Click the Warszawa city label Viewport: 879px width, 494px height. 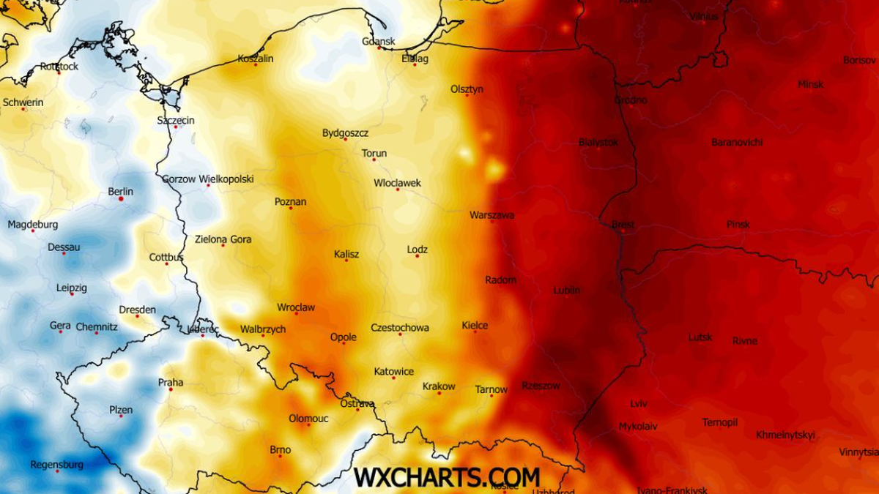tap(492, 215)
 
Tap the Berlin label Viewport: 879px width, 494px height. tap(121, 192)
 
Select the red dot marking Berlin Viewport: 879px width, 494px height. tap(121, 199)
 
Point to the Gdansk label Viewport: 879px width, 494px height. tap(379, 41)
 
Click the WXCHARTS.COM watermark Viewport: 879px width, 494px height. tap(447, 477)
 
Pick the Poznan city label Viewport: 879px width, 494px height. tap(290, 201)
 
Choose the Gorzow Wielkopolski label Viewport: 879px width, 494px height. tap(208, 179)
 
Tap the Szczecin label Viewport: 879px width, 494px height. tap(176, 120)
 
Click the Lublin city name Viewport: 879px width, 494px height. tap(567, 290)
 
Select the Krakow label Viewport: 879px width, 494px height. tap(439, 386)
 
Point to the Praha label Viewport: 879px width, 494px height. tap(171, 382)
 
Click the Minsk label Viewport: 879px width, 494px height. tap(810, 84)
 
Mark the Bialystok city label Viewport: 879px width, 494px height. tap(598, 142)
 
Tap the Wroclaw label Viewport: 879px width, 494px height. tap(296, 307)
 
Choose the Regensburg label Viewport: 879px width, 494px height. tap(56, 464)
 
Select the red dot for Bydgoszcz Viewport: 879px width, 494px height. tap(345, 139)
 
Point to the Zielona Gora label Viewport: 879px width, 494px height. tap(223, 239)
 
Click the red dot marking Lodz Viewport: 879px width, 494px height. tap(418, 255)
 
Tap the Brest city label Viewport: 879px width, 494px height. tap(623, 225)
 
